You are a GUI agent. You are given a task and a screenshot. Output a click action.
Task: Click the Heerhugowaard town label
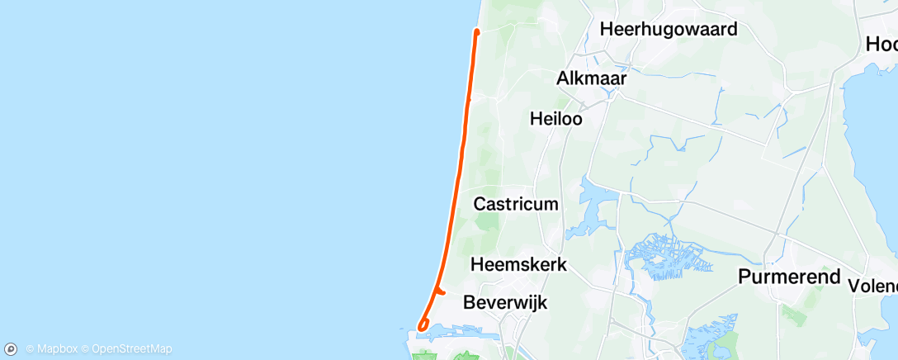[669, 29]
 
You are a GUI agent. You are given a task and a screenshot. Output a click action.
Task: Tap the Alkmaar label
[591, 78]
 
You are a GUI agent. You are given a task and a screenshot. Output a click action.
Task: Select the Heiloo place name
[555, 119]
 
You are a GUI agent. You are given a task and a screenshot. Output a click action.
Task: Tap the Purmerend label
[790, 277]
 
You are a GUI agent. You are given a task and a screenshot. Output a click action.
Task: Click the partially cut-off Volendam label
[872, 286]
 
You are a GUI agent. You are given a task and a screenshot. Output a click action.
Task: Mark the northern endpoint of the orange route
[477, 31]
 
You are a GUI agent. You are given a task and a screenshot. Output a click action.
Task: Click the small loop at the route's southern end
[423, 326]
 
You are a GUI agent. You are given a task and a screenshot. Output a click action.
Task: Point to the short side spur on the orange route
[441, 291]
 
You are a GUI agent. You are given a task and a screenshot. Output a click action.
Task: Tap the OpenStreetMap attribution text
[131, 349]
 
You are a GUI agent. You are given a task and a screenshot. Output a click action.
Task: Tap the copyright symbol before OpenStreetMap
[85, 349]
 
